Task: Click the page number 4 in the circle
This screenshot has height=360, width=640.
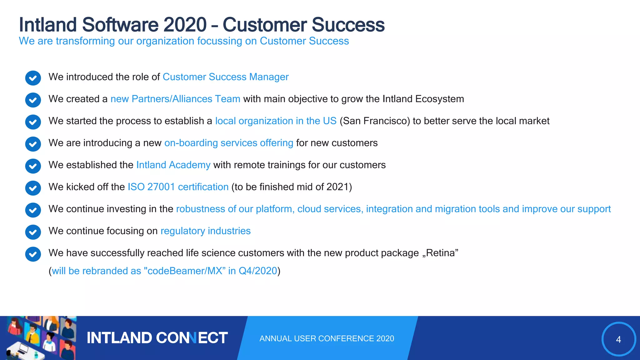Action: point(618,339)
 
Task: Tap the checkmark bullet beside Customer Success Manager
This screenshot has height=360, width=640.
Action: point(33,78)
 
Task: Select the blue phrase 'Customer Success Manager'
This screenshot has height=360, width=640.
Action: point(225,77)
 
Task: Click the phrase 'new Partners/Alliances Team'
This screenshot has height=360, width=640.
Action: point(175,99)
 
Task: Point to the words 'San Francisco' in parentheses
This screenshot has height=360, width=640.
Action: point(374,121)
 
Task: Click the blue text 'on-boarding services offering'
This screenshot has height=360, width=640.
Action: point(228,143)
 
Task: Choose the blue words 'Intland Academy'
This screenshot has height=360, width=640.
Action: point(173,165)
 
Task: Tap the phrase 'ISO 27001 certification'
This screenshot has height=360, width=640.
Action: point(178,187)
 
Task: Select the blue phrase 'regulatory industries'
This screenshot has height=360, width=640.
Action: point(205,231)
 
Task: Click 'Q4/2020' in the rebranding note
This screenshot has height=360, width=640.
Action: point(258,271)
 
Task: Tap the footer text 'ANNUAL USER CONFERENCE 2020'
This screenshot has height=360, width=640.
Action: point(327,338)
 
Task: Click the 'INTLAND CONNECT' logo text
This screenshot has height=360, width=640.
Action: point(157,338)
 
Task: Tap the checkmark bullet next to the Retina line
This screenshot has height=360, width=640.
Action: point(33,254)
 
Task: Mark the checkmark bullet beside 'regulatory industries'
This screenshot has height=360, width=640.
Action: point(33,232)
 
